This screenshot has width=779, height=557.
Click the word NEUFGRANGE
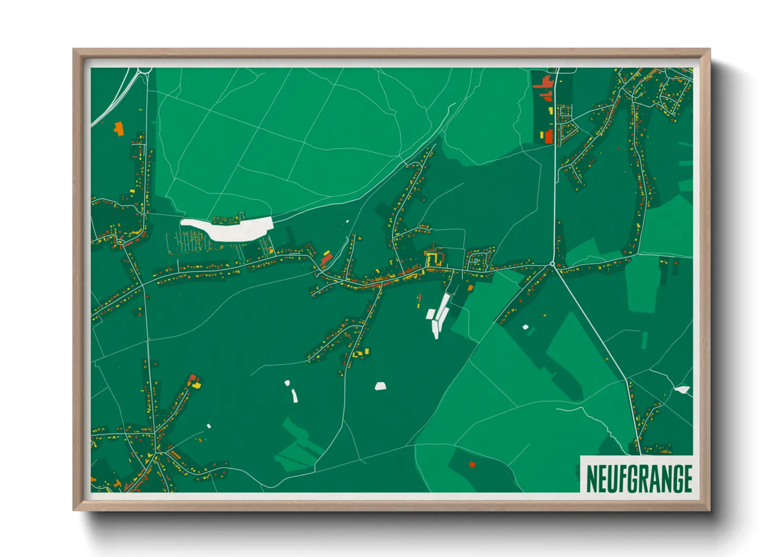pos(638,479)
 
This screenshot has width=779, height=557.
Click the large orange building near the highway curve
pos(119,128)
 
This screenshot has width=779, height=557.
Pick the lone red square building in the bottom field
pos(472,464)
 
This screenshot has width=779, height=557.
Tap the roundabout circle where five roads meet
pos(552,264)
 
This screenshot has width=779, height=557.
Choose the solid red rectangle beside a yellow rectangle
pos(548,136)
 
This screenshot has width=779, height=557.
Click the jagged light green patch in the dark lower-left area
pos(299,445)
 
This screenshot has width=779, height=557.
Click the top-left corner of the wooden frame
pos(74,50)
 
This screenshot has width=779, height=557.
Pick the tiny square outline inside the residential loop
pos(475,260)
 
